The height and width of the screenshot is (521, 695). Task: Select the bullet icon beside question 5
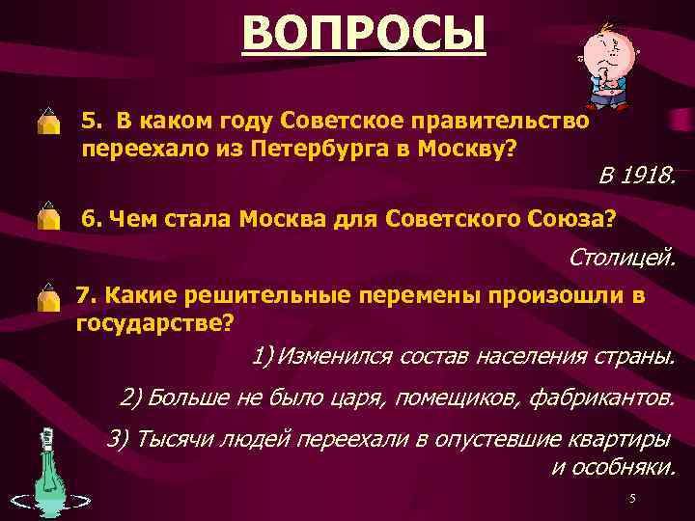48,123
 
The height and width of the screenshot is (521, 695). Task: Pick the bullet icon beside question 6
48,218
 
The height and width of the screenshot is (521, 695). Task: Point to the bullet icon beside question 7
48,296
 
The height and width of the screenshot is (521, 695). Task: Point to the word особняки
628,466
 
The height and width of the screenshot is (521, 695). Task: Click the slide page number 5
632,498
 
